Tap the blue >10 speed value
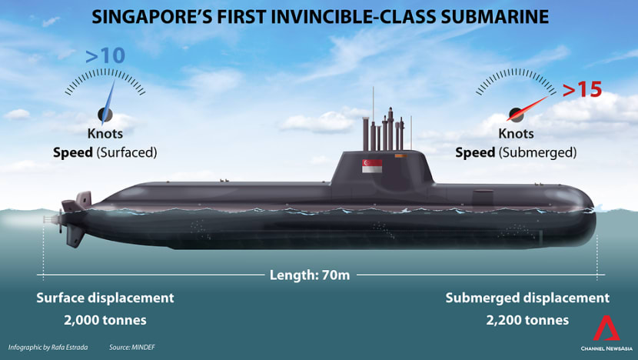[x=105, y=55]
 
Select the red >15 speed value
[x=582, y=89]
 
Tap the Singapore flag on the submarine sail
[x=372, y=165]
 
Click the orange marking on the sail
[x=400, y=155]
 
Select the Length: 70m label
[x=310, y=275]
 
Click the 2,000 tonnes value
[x=105, y=320]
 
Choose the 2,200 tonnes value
[x=527, y=320]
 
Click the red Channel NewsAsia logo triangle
[x=606, y=328]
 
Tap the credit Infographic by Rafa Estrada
[x=48, y=348]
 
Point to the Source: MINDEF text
[x=132, y=348]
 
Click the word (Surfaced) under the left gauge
[x=127, y=153]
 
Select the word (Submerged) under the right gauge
[x=538, y=153]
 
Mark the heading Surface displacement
[x=105, y=298]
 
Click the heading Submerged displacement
[x=527, y=298]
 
